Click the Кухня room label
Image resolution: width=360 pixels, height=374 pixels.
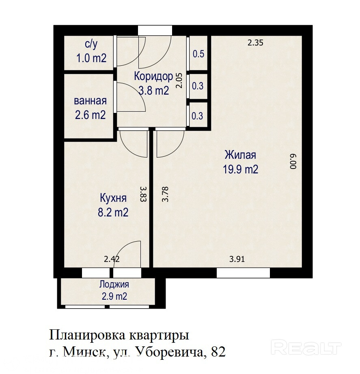(113, 198)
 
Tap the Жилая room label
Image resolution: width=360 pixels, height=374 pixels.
(240, 155)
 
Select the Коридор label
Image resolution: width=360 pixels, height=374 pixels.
(153, 76)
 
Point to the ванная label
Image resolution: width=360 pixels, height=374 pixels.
(91, 101)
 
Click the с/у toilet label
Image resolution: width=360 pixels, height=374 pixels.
(91, 44)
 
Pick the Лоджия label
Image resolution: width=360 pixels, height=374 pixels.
(114, 284)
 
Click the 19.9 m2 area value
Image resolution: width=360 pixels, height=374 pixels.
(240, 169)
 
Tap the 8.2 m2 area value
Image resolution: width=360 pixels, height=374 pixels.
(113, 212)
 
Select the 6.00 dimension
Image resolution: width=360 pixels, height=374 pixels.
(293, 162)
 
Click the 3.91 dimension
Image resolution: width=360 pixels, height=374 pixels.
(237, 259)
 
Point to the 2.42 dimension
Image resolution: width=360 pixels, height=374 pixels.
(112, 259)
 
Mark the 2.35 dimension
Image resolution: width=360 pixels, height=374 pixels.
(255, 43)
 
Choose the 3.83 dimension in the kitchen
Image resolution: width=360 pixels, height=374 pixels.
(143, 194)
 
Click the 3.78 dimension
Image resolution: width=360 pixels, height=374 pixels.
(165, 194)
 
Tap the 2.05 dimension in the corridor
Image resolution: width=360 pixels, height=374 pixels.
(179, 80)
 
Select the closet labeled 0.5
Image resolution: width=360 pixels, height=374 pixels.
(198, 54)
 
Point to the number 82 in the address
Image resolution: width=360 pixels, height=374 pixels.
(218, 352)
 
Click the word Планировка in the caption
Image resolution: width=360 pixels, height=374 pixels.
(87, 335)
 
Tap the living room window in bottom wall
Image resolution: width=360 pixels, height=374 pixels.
(243, 273)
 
